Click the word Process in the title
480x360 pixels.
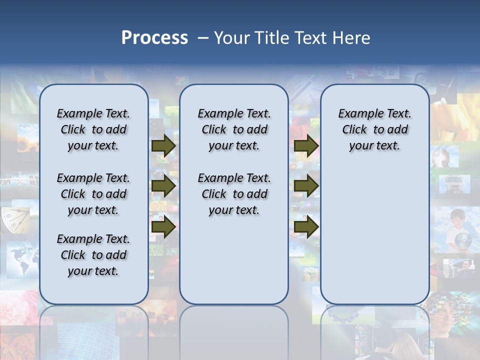pos(154,38)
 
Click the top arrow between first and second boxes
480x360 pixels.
pos(163,145)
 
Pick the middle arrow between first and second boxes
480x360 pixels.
pos(163,186)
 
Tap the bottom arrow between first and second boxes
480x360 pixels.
pos(163,227)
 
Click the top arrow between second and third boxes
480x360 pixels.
pos(306,145)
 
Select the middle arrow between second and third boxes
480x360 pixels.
pos(306,186)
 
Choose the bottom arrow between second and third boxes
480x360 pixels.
pos(306,227)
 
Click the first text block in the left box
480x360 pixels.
pos(93,129)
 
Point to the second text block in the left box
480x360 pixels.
pos(93,194)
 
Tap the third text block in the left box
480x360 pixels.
pos(93,255)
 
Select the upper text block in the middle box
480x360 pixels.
pos(234,129)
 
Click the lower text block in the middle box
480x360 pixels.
pos(234,194)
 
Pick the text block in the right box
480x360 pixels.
pos(374,129)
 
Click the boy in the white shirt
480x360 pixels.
pos(457,227)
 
